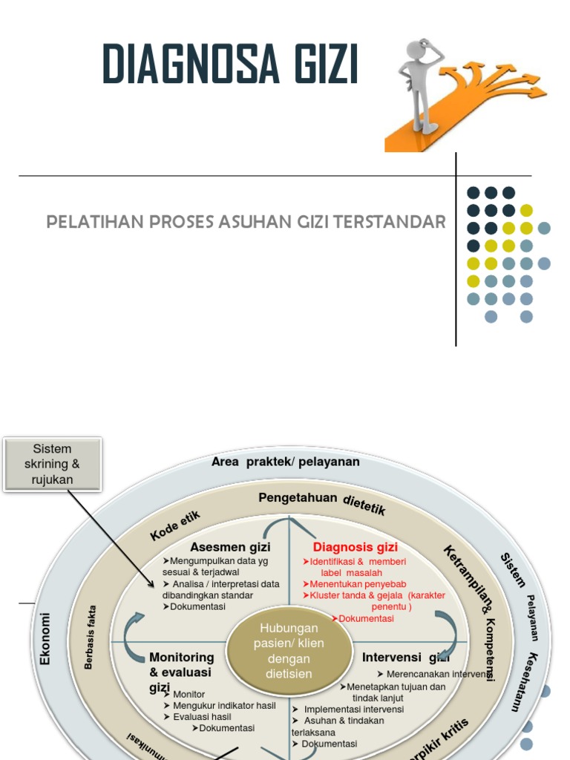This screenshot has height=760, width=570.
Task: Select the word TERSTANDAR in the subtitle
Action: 400,222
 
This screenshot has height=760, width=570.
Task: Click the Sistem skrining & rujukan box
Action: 53,464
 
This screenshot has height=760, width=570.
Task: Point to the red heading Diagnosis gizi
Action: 355,548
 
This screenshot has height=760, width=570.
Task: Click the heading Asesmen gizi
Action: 230,547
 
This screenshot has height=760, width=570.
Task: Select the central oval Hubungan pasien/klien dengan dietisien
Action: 289,651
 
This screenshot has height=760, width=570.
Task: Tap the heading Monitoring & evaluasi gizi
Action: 181,672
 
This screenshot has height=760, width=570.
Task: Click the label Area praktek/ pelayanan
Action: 285,462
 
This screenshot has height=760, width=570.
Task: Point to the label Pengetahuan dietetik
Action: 321,502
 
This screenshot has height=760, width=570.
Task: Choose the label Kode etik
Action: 175,525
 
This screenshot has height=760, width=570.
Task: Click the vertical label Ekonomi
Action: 45,638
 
